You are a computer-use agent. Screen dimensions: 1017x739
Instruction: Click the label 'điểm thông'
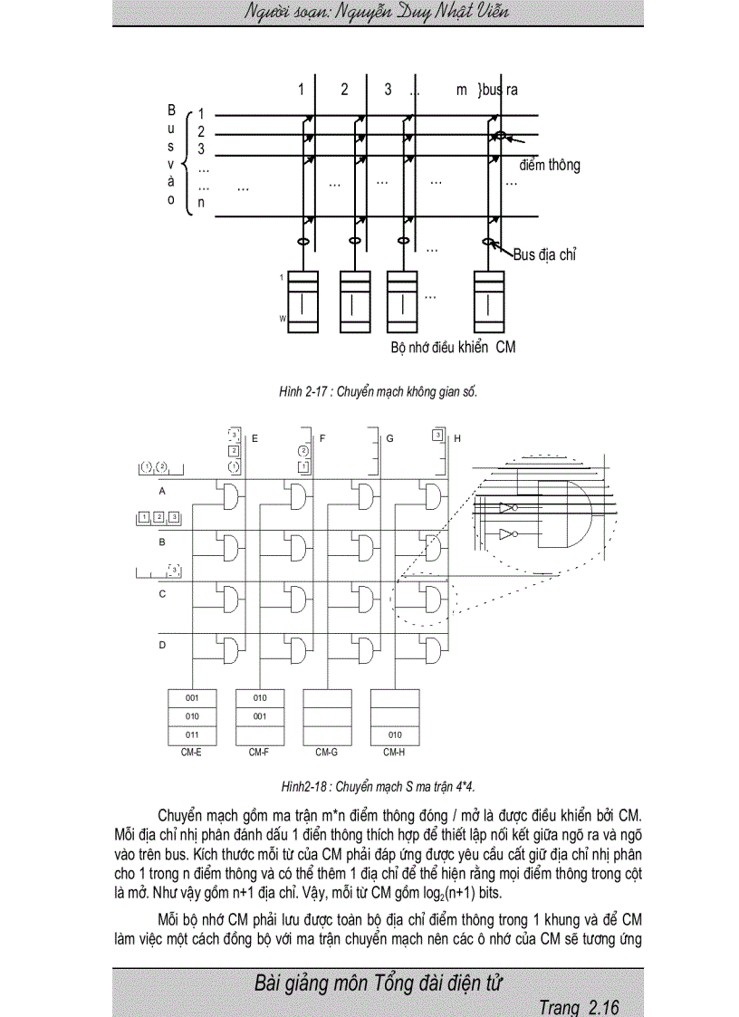coord(550,166)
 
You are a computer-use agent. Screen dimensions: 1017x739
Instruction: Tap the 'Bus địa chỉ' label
coord(545,255)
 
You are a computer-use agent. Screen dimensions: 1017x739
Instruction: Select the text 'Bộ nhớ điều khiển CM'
coord(453,347)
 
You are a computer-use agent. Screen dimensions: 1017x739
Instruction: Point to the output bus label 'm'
coord(462,90)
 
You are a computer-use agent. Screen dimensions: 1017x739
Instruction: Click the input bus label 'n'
coord(201,203)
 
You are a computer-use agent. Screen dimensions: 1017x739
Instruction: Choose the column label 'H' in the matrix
coord(457,438)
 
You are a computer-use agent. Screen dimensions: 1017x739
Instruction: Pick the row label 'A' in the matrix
coord(162,491)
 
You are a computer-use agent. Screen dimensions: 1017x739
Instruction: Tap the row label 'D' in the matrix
coord(162,645)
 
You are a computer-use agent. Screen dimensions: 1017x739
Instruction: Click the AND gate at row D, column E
coord(230,650)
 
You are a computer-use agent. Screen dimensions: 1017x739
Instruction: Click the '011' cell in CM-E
coord(192,734)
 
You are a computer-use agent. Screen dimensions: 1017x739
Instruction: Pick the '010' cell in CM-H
coord(394,734)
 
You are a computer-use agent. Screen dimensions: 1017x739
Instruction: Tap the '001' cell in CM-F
coord(260,716)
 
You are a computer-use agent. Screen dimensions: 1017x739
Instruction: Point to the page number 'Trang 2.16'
coord(578,1007)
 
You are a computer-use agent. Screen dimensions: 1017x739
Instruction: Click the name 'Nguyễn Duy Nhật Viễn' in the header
coord(432,12)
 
